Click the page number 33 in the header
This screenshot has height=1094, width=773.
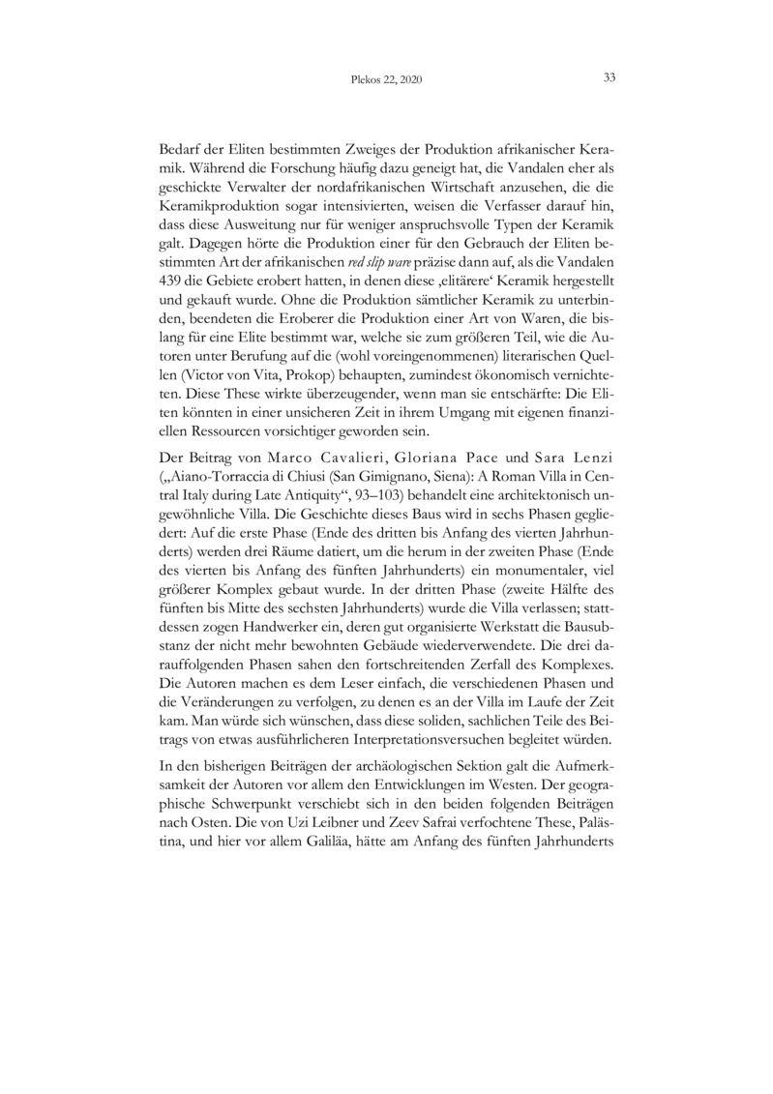609,78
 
